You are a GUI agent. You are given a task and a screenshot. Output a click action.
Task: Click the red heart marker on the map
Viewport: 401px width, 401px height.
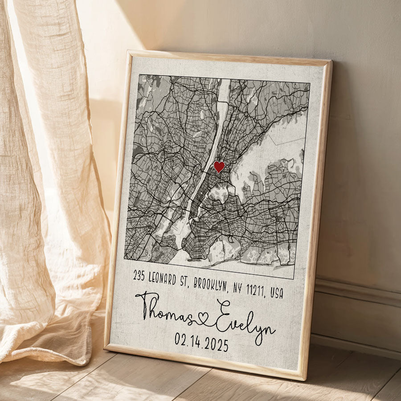click(219, 167)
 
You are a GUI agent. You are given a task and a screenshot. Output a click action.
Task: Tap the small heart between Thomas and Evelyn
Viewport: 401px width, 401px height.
click(203, 318)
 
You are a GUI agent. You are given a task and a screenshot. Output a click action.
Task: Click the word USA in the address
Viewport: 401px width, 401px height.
click(277, 293)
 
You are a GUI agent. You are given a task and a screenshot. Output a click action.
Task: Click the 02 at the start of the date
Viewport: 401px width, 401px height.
click(180, 340)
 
